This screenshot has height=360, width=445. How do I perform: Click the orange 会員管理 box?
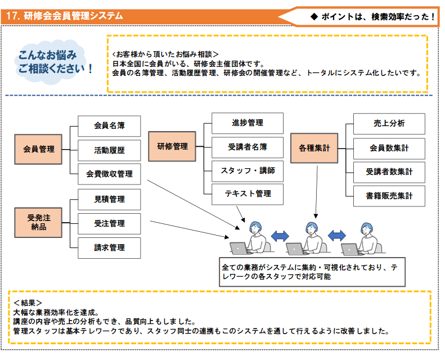click(x=39, y=149)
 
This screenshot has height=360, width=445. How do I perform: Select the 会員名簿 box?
click(x=109, y=126)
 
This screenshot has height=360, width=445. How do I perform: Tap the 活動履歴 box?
click(x=109, y=150)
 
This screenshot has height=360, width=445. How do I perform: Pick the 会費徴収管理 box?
click(x=109, y=174)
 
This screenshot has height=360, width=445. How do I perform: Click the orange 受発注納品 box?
click(x=39, y=222)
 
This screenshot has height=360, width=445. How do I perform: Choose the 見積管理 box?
click(x=109, y=199)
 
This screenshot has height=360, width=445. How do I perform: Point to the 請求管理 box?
click(x=109, y=247)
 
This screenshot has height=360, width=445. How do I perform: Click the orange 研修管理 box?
click(x=172, y=146)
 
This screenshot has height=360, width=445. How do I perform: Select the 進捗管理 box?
click(x=247, y=123)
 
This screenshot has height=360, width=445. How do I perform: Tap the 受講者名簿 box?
click(x=247, y=147)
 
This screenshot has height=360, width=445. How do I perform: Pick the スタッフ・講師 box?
click(x=247, y=170)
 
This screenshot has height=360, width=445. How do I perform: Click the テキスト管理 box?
click(x=247, y=193)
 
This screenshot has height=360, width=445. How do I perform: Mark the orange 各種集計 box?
click(x=314, y=148)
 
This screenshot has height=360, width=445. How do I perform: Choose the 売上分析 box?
click(x=389, y=124)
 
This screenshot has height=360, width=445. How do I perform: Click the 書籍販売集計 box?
click(x=389, y=196)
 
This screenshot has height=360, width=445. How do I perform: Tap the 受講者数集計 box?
click(x=389, y=172)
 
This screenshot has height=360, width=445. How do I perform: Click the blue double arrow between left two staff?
click(x=280, y=235)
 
